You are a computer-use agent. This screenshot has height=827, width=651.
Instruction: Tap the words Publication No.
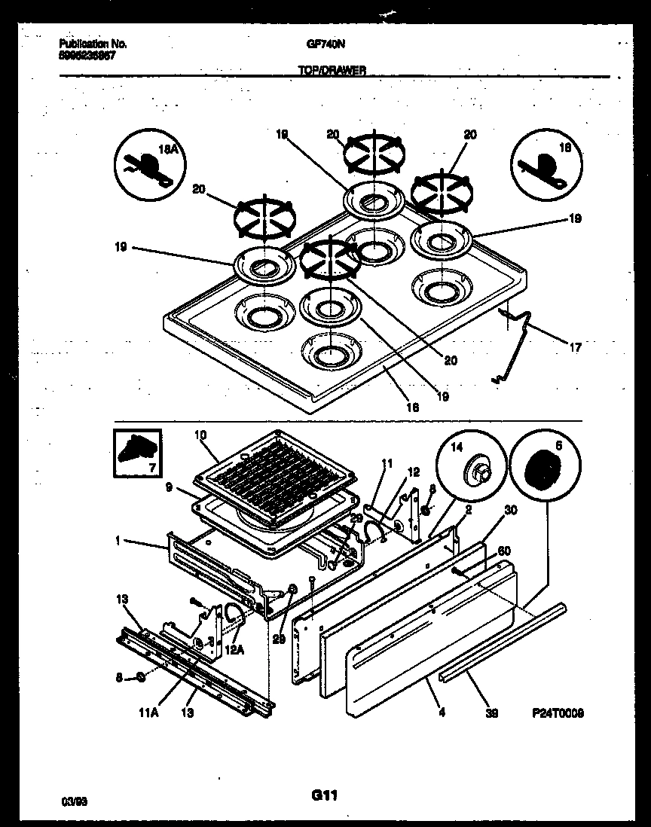[x=93, y=44]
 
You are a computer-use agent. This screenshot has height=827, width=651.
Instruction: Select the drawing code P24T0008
[x=556, y=713]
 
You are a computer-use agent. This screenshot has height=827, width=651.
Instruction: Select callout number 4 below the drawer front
[x=442, y=712]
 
